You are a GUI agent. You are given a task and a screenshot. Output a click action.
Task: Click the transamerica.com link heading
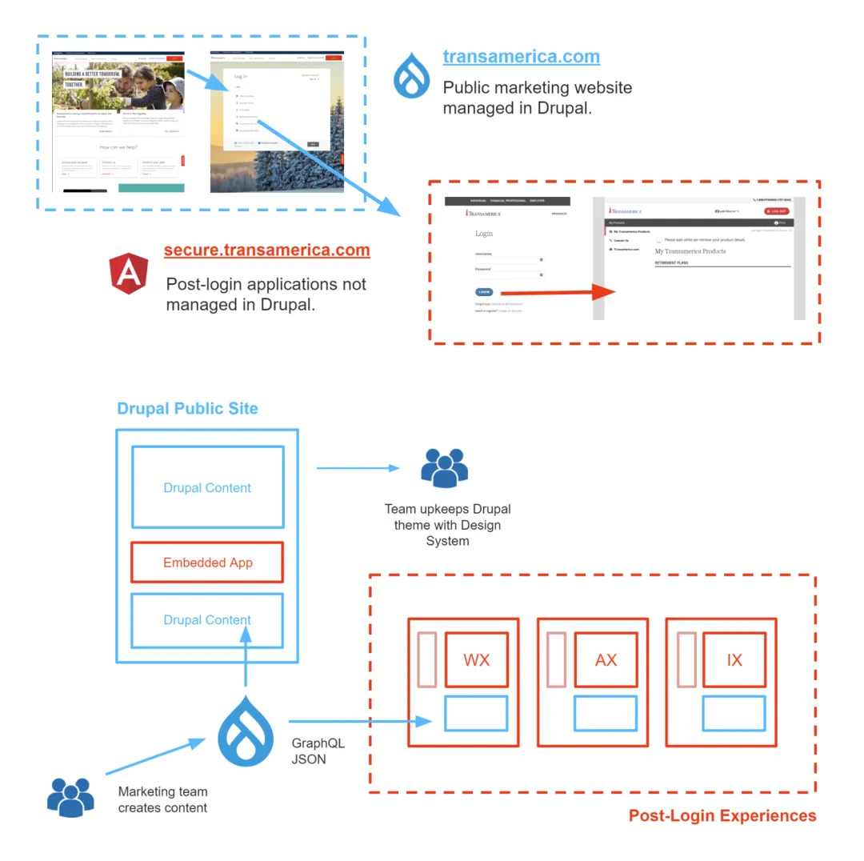pos(521,57)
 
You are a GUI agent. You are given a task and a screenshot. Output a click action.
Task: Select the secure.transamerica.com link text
pos(266,250)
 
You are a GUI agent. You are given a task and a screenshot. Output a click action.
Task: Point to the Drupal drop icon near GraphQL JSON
pos(246,730)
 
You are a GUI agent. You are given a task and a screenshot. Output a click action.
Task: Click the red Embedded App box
pos(207,563)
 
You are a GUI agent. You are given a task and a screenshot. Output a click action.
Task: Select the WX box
pos(477,660)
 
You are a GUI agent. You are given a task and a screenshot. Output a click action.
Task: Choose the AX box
pos(606,660)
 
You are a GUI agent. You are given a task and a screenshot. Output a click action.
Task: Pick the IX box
pos(734,660)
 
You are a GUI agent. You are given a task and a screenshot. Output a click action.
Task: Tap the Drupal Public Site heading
pos(187,408)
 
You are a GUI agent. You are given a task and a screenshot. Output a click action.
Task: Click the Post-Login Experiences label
pos(722,815)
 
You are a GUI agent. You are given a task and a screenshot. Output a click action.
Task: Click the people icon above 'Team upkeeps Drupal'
pos(444,468)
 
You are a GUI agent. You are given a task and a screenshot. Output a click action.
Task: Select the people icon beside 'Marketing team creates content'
pos(70,797)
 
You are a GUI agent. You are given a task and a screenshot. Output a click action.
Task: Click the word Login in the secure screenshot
pos(484,234)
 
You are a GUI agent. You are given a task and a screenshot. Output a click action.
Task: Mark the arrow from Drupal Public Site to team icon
pos(358,468)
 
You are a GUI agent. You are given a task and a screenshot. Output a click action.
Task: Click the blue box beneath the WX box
pos(476,713)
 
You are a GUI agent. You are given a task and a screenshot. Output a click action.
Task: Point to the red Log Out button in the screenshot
pos(776,211)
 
